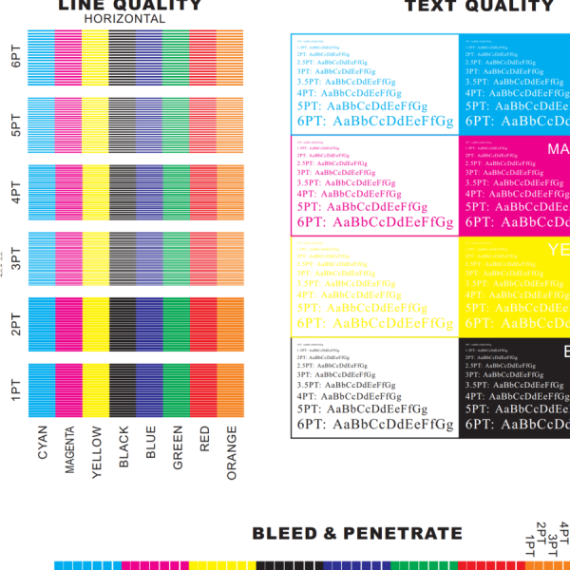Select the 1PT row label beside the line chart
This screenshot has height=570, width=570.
[15, 389]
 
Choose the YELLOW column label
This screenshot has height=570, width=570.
[95, 454]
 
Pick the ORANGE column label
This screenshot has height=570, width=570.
[232, 453]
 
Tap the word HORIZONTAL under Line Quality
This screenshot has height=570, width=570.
[123, 19]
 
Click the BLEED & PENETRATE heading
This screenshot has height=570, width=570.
[357, 534]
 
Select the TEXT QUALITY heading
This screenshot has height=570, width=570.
[479, 6]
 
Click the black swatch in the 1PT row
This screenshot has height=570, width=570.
[122, 389]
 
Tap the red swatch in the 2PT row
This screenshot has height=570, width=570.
[203, 322]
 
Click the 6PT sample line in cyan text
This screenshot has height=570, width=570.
[374, 121]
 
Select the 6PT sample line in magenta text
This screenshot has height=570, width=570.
[374, 222]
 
